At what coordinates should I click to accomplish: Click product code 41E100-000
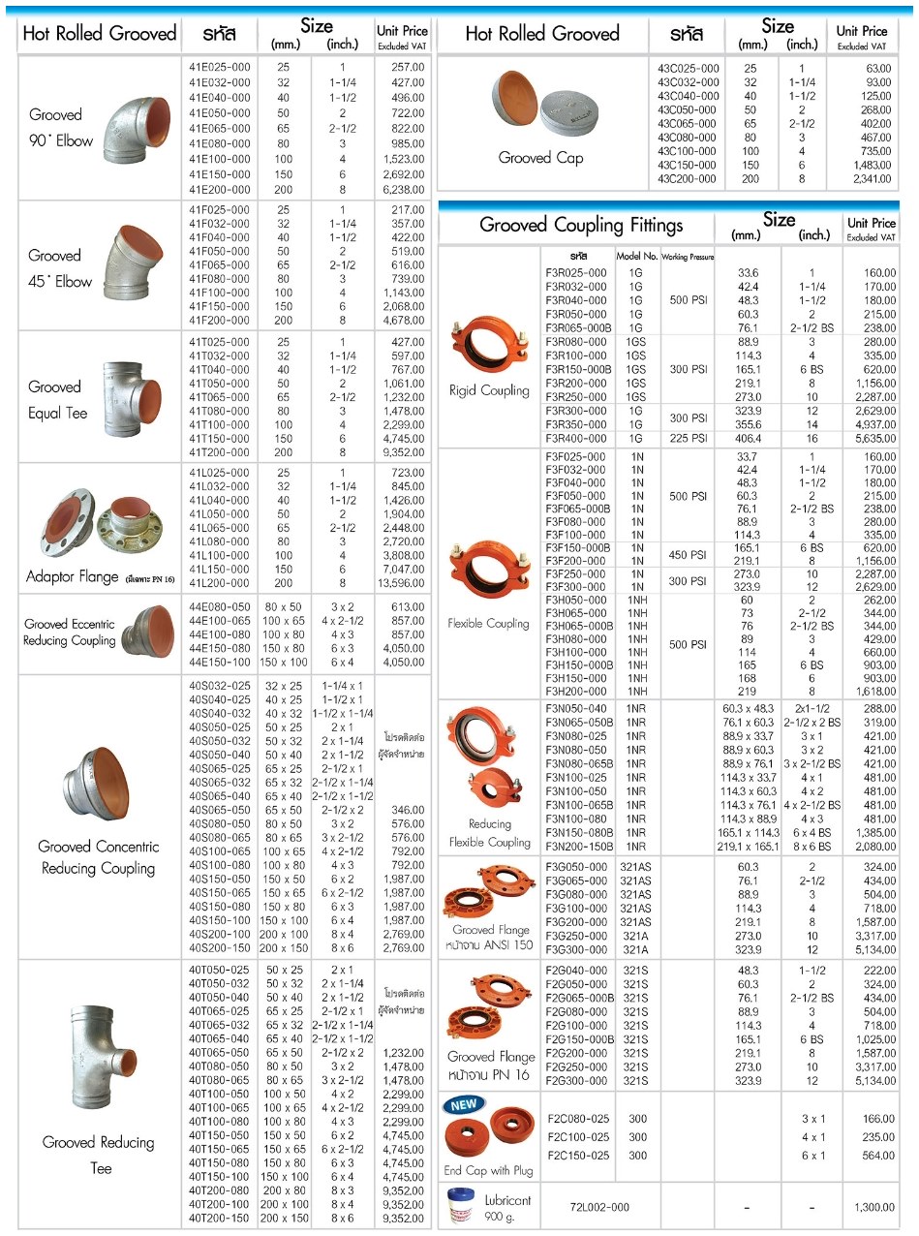(220, 159)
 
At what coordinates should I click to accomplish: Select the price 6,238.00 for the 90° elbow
(404, 190)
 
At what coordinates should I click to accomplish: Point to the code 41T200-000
(220, 452)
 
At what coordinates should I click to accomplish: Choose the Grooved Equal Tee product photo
(132, 398)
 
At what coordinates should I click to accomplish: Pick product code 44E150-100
(220, 662)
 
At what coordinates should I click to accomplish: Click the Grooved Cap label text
(540, 158)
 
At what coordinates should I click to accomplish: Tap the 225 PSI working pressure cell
(689, 438)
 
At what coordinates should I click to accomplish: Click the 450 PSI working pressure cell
(688, 554)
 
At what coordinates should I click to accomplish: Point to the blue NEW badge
(463, 1104)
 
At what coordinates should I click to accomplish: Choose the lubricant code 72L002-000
(599, 1207)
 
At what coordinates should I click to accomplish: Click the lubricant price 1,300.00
(874, 1207)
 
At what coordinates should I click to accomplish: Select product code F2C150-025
(578, 1156)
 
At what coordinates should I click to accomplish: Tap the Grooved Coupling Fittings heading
(581, 225)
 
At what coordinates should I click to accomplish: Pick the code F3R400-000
(576, 438)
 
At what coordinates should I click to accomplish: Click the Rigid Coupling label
(489, 390)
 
